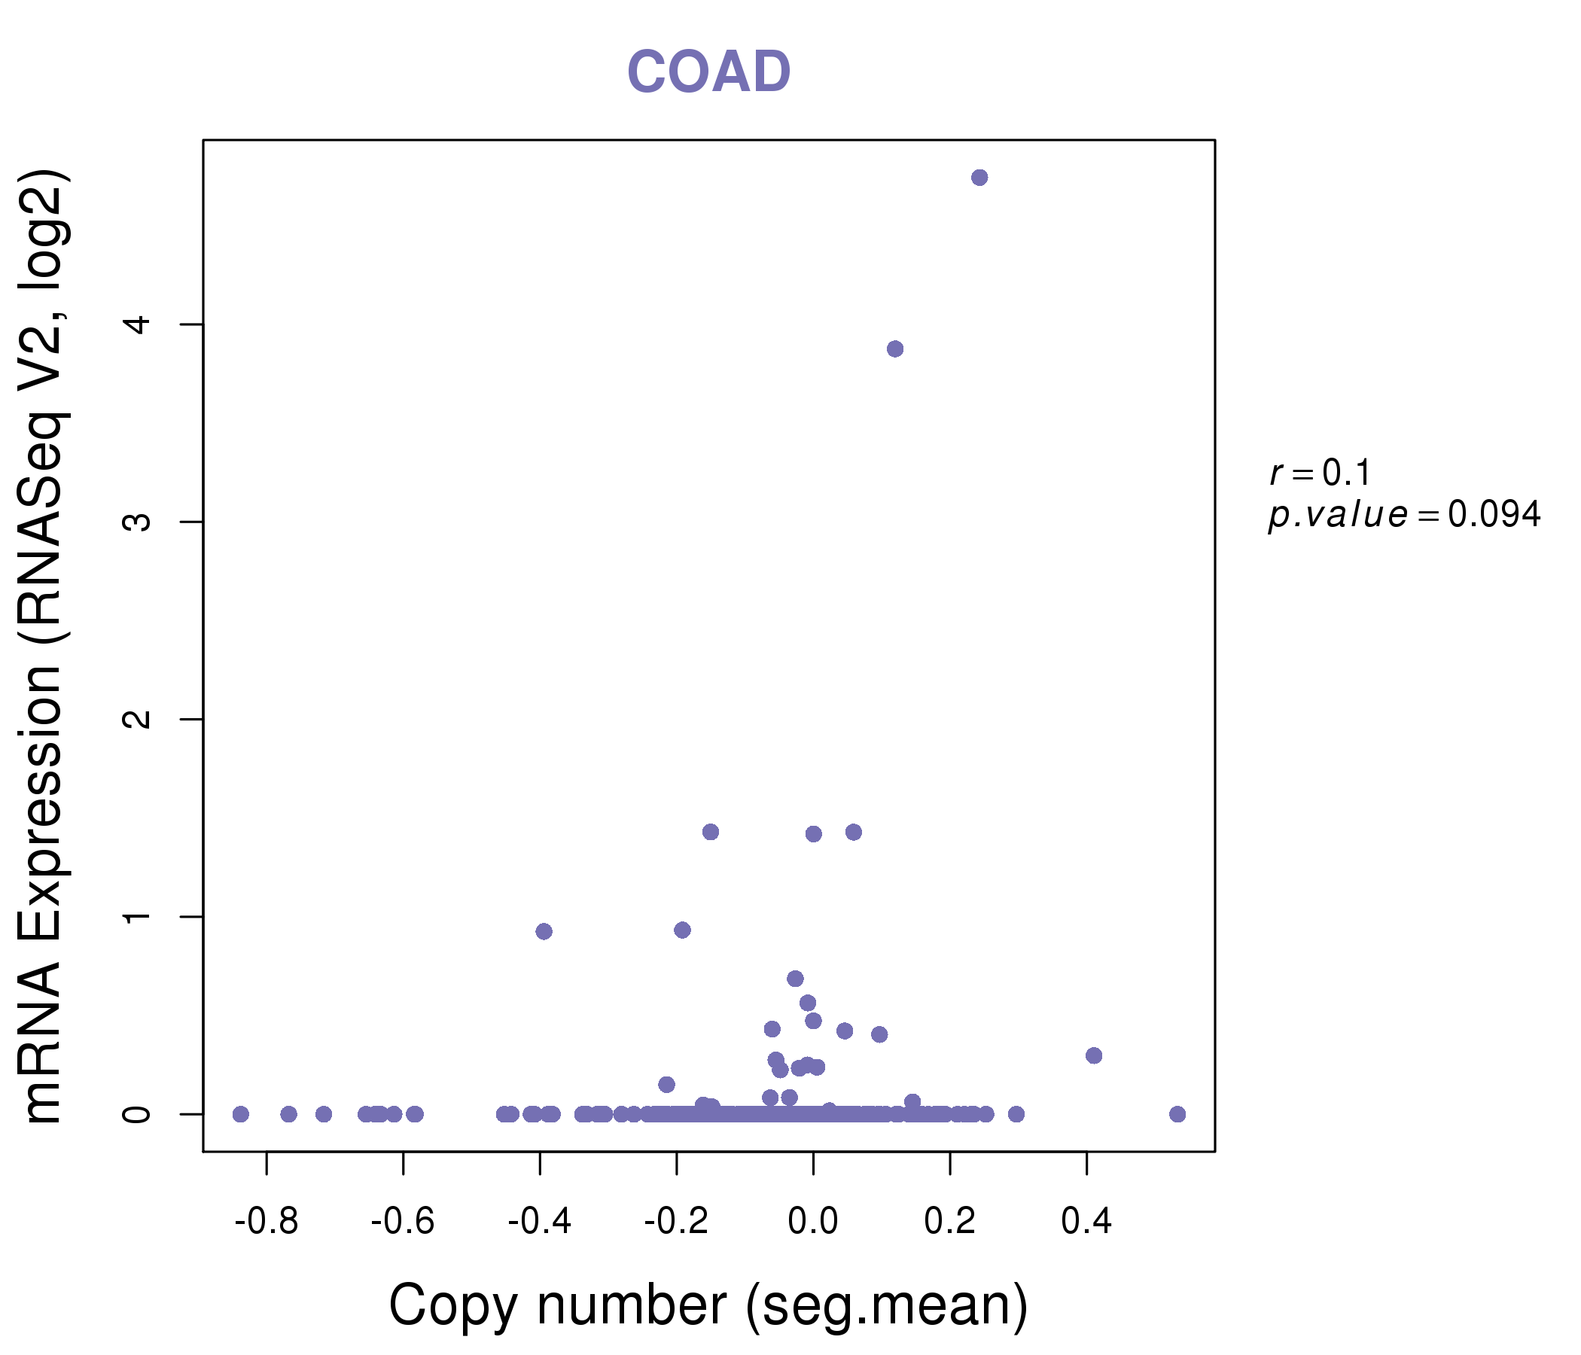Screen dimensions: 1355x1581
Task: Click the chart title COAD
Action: tap(708, 72)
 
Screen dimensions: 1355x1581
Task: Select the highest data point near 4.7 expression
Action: tap(979, 178)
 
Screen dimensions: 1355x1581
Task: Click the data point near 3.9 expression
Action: tap(895, 349)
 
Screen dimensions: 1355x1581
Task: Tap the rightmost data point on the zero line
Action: tap(1177, 1114)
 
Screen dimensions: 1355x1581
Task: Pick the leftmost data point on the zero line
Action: tap(240, 1114)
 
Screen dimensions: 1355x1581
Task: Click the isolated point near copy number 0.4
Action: tap(1093, 1055)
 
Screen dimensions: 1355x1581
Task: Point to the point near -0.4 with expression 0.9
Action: tap(544, 930)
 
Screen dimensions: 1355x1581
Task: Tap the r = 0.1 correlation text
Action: tap(1320, 473)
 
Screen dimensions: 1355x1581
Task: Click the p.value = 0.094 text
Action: tap(1404, 515)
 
